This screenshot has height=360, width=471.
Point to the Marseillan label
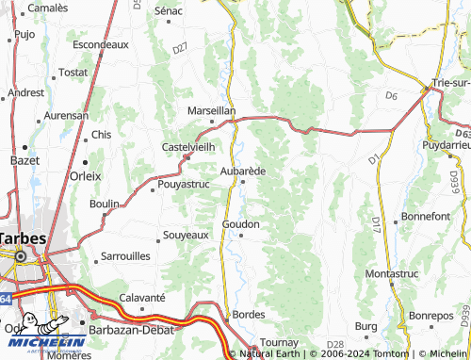[212, 110]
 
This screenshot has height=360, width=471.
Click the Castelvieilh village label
[189, 147]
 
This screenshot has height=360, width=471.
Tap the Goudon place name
[240, 224]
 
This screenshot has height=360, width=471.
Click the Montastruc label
[391, 273]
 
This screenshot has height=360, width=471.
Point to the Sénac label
[168, 10]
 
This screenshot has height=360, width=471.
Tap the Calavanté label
[142, 298]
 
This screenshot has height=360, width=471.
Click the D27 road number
[181, 47]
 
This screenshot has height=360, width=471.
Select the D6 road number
[392, 95]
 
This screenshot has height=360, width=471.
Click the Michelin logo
[42, 333]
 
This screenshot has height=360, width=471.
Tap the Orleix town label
[85, 175]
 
